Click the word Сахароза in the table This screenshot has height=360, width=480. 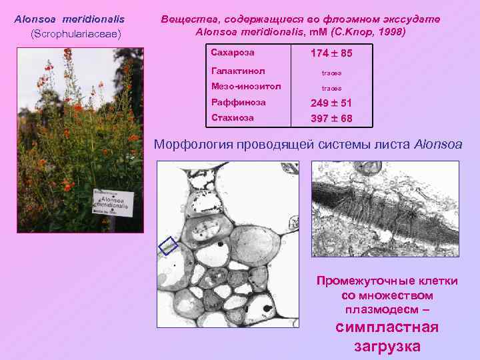coord(233,52)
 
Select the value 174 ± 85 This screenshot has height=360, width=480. coord(331,53)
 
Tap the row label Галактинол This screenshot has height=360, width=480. coord(238,70)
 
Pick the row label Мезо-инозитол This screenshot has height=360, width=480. coord(245,86)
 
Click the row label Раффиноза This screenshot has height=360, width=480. coord(238,102)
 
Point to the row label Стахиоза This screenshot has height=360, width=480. coord(232,117)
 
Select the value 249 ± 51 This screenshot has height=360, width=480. coord(331,103)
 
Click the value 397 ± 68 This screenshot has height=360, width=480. coord(331,119)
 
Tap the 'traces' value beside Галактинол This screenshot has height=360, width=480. coord(331,71)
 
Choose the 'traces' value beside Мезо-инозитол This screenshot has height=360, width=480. coord(331,87)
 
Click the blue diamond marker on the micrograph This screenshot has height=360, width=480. coord(169,246)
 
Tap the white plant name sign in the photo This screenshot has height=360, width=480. coord(114,202)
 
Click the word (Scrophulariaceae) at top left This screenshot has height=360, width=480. coord(75,33)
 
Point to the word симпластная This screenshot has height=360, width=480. coord(387,327)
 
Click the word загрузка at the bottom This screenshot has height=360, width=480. coord(387,346)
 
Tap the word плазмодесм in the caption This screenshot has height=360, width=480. coord(379,310)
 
